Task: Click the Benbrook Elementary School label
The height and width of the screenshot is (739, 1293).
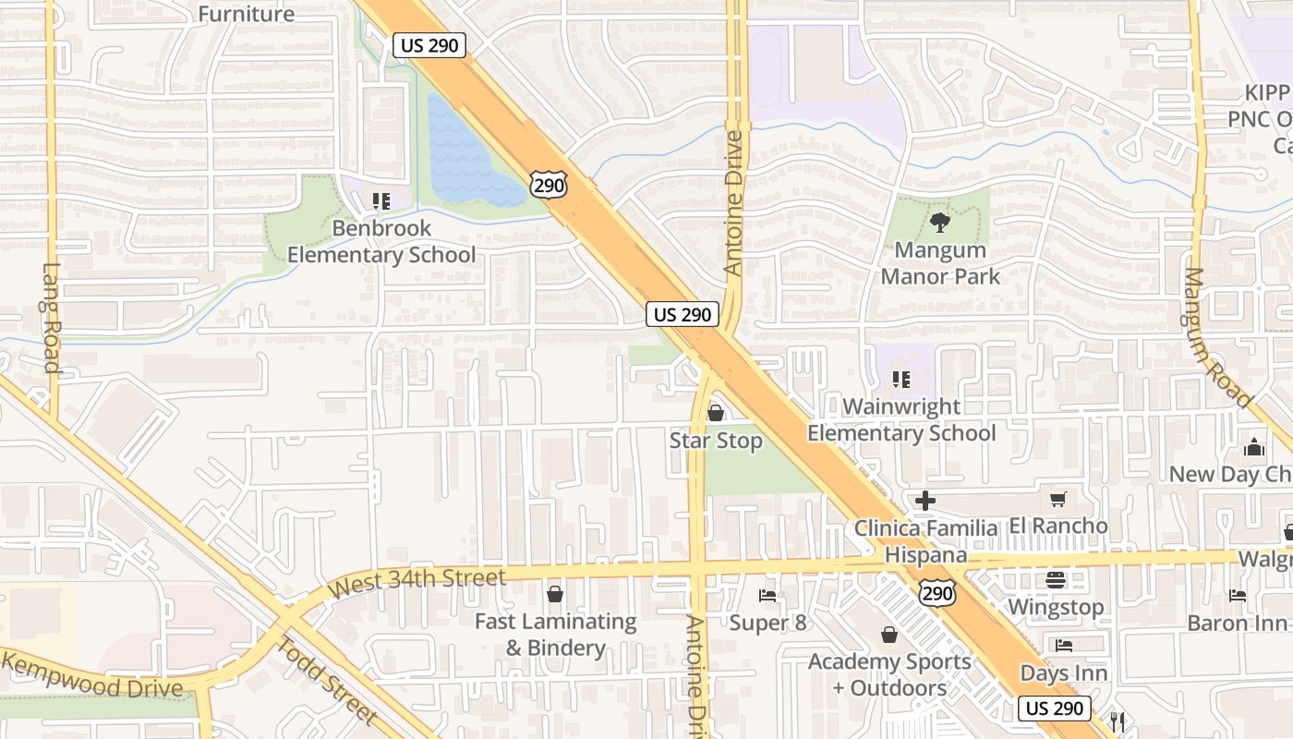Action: point(381,242)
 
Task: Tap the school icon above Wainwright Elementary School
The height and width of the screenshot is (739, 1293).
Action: point(901,379)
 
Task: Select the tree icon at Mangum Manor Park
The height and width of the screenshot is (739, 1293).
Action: point(940,222)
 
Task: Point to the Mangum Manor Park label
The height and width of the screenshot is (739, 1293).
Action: point(940,263)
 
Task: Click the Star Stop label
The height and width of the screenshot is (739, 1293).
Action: point(716,441)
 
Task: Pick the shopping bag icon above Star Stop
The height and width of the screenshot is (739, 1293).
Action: point(716,413)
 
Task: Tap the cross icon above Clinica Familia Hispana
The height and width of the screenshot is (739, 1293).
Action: point(925,501)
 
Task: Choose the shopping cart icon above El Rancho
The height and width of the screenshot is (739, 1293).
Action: point(1058,500)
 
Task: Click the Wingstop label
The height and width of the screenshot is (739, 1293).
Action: point(1056,607)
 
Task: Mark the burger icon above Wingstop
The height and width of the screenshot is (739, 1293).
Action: point(1056,580)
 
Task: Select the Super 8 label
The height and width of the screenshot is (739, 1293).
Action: point(767,623)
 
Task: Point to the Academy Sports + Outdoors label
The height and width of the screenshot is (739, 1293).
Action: point(889,674)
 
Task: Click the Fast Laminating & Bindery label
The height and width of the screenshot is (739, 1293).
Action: point(555,635)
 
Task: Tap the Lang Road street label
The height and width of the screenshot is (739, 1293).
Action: point(51,318)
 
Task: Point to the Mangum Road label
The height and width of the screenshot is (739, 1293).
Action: point(1216,338)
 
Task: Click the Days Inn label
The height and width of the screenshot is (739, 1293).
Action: point(1063,672)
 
